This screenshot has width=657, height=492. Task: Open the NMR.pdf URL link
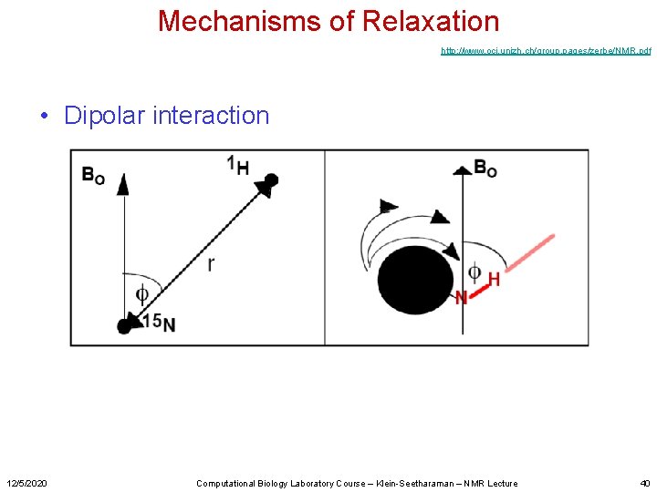point(546,51)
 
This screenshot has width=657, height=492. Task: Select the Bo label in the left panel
point(93,174)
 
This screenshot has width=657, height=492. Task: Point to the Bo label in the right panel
point(485,168)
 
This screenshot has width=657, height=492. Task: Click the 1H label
point(237,166)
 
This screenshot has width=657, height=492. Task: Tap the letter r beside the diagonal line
point(211,264)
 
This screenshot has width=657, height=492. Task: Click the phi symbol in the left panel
point(141,293)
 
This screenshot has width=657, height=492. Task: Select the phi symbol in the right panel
point(474,272)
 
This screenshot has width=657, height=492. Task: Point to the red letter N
point(461,297)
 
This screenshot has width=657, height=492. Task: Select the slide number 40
point(644,483)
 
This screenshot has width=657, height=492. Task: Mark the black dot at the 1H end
point(271,179)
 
